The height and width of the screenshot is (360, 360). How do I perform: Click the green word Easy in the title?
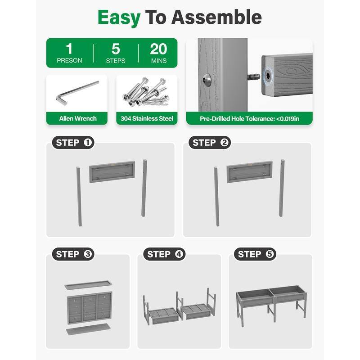[x=119, y=18]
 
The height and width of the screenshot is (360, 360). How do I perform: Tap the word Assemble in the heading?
[x=216, y=17]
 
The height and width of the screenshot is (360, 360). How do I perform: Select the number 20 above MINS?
[x=158, y=49]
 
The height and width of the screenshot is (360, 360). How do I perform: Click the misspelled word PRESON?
[x=69, y=60]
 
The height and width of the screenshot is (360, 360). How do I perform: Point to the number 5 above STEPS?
[x=116, y=49]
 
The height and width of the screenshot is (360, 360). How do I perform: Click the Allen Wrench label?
[x=78, y=118]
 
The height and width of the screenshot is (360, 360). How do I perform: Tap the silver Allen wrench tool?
[x=77, y=93]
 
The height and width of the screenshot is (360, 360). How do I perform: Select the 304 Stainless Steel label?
[x=147, y=118]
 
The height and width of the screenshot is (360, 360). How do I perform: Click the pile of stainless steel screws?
[x=146, y=92]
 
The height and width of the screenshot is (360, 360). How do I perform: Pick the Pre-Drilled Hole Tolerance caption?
[x=249, y=119]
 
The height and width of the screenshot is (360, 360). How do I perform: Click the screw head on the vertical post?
[x=207, y=80]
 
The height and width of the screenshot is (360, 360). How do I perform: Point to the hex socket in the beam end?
[x=268, y=75]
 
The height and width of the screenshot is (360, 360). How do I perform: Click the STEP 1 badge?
[x=73, y=143]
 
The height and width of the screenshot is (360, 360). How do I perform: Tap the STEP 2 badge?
[x=210, y=143]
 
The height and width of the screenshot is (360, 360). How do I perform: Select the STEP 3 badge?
[x=73, y=254]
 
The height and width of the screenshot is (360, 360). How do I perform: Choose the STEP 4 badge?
[x=164, y=254]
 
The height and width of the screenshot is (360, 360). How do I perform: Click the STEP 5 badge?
[x=255, y=254]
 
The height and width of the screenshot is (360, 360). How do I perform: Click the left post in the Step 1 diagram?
[x=79, y=197]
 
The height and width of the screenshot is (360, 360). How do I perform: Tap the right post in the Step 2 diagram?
[x=282, y=188]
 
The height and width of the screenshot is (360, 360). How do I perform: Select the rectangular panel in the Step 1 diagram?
[x=112, y=172]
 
